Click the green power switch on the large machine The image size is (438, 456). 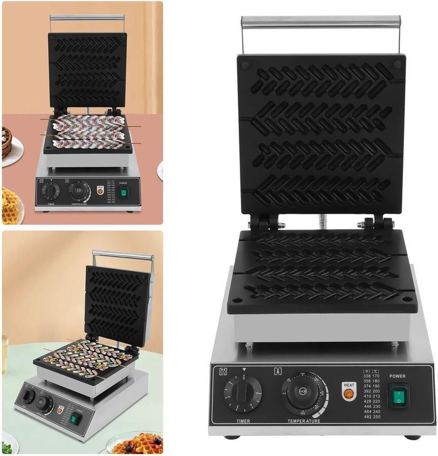(398, 396)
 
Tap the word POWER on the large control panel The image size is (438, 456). (397, 376)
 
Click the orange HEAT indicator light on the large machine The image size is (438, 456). (348, 392)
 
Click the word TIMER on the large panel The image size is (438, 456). (243, 421)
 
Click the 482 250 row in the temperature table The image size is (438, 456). (373, 416)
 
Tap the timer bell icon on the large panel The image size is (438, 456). (223, 372)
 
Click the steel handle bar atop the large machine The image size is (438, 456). (320, 21)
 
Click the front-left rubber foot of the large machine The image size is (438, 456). (232, 437)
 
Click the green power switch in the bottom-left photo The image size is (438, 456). (76, 418)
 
